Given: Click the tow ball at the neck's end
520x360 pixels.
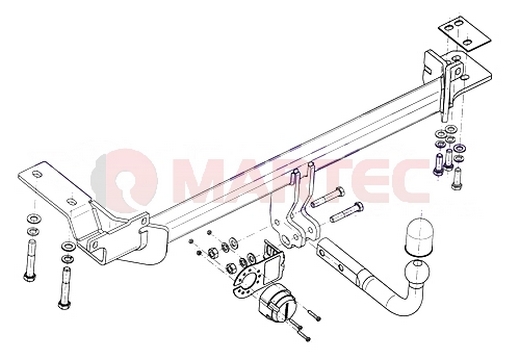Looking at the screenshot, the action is (417, 272).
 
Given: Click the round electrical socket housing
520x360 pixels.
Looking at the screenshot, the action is (277, 303).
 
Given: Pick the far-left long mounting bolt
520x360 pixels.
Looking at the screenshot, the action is (29, 260).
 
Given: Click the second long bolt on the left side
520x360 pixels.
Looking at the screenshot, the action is (65, 287).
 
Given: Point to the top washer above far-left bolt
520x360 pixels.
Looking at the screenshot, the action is (34, 219).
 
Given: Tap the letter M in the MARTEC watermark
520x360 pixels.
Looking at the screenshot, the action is (200, 182).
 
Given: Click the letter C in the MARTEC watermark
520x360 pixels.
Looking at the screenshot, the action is (407, 182).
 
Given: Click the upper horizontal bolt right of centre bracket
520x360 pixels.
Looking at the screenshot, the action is (327, 197).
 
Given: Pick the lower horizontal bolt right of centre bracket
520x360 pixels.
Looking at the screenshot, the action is (347, 212).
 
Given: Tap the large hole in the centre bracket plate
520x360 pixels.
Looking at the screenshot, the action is (286, 239).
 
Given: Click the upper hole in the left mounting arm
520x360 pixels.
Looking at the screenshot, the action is (36, 174).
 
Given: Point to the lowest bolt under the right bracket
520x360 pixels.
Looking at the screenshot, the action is (456, 178).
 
